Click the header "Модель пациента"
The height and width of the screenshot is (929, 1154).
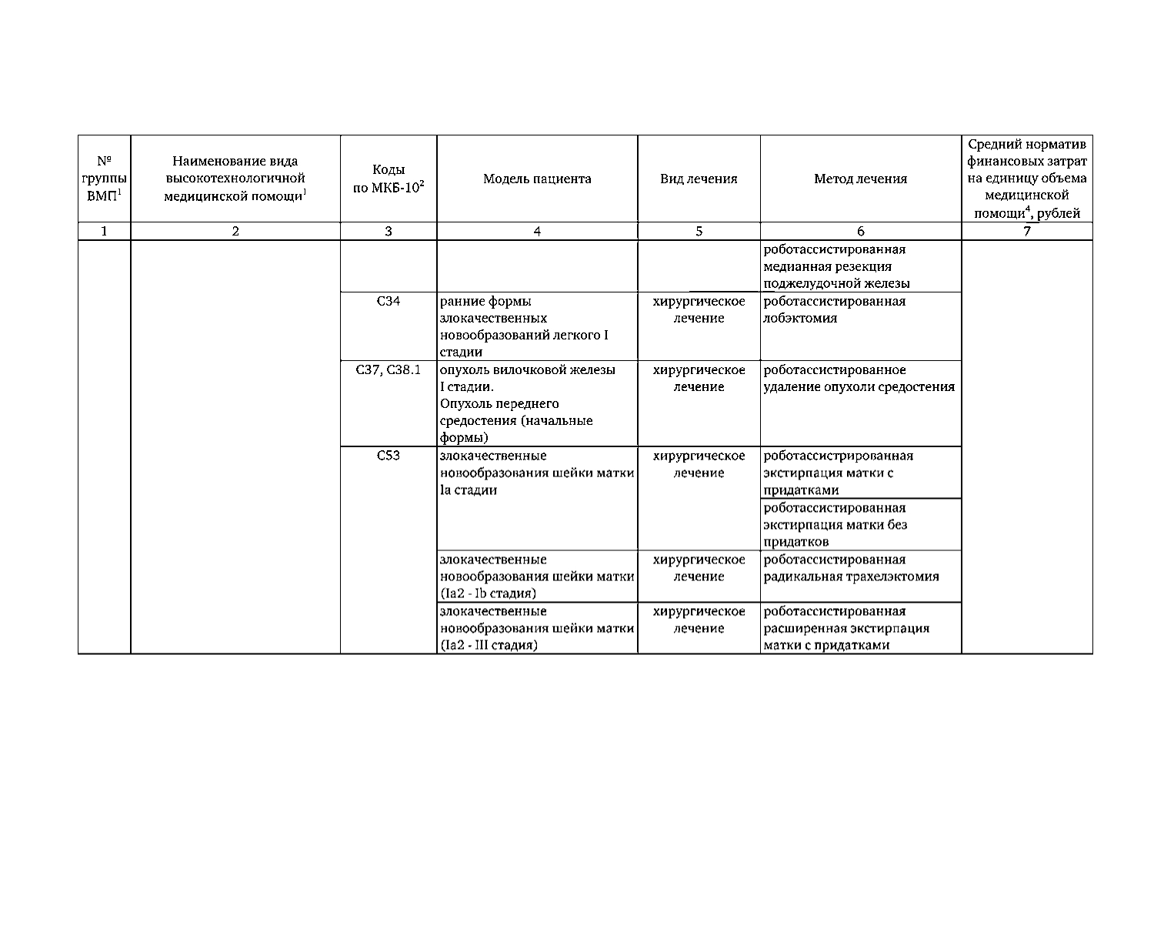[537, 179]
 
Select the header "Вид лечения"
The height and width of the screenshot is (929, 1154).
[699, 179]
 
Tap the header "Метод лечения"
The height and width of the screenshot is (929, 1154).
[860, 179]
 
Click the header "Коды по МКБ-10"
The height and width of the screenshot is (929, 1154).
[389, 179]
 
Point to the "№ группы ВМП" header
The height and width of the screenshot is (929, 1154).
[105, 179]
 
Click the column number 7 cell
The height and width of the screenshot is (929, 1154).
[1026, 231]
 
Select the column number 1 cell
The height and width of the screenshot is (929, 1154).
[105, 231]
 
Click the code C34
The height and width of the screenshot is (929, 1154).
[389, 301]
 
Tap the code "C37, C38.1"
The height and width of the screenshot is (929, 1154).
[389, 369]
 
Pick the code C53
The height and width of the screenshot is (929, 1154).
[389, 455]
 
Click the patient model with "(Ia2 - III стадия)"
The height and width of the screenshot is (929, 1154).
[536, 628]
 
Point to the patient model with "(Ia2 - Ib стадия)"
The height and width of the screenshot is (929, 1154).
[536, 576]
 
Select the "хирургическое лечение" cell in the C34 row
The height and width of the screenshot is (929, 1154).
[699, 309]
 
